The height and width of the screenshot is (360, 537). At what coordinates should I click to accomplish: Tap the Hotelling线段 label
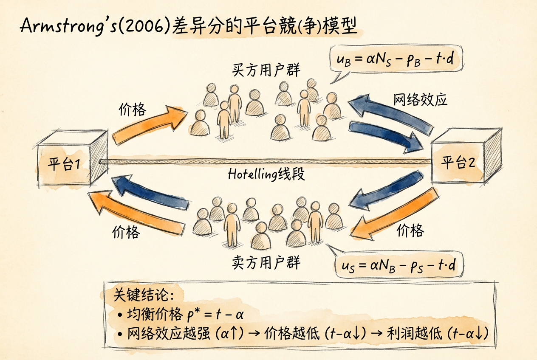[266, 174]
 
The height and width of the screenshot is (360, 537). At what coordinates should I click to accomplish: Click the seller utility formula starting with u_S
[399, 266]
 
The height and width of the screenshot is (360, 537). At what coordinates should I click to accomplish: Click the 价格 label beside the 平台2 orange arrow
[410, 231]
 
